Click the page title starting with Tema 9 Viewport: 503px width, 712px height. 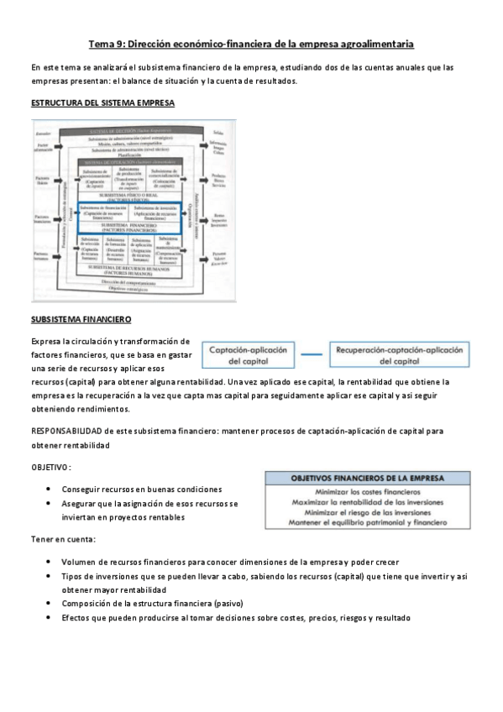[x=251, y=44]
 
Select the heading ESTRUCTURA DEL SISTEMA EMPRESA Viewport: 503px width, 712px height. [x=102, y=103]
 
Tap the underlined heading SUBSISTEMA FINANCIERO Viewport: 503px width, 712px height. [x=81, y=320]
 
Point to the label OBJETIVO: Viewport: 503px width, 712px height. [x=51, y=467]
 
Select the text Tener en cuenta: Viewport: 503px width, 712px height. [x=63, y=538]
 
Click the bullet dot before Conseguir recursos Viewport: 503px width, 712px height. [x=52, y=489]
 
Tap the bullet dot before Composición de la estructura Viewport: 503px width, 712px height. [x=52, y=604]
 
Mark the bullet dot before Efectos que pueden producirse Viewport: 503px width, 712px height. [x=52, y=618]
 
